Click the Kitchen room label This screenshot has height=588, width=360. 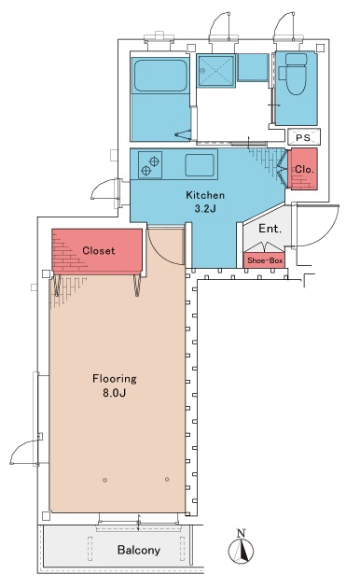(205, 195)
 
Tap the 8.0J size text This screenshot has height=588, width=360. (115, 393)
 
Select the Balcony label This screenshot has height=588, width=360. (139, 550)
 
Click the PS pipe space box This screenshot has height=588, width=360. (304, 137)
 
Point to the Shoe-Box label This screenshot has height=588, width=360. (265, 260)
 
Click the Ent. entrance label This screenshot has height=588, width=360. (270, 228)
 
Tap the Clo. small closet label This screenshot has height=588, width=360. (304, 170)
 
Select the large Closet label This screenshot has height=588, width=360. (99, 250)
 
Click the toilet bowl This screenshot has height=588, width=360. (296, 74)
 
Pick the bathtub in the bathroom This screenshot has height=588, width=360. (160, 75)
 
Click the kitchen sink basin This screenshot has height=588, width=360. (200, 165)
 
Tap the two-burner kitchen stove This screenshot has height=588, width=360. (150, 164)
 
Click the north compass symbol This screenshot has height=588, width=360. (242, 551)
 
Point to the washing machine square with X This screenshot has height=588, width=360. (216, 71)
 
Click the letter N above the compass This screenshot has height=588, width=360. (242, 533)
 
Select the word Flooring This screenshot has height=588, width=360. (115, 379)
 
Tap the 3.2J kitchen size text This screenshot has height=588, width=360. (205, 209)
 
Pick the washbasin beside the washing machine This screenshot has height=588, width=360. (253, 67)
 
